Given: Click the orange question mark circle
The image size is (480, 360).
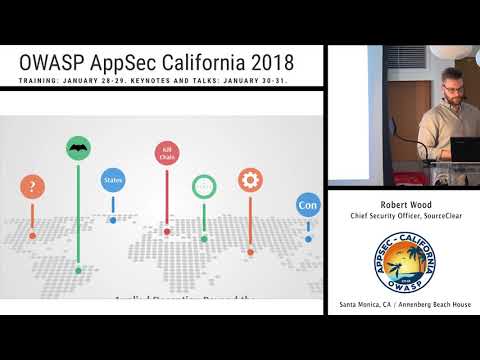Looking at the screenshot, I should (33, 187).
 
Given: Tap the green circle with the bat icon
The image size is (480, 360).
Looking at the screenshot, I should (77, 149).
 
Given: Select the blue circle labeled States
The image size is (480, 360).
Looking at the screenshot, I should (112, 181).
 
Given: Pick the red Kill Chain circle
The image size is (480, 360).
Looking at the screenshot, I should (166, 154).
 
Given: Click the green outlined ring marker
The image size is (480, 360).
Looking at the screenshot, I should (204, 186).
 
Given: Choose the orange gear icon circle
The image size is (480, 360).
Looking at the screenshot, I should (250, 180).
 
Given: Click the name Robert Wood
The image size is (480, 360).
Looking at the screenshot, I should (405, 200).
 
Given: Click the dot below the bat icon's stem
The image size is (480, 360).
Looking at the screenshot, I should (78, 270).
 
